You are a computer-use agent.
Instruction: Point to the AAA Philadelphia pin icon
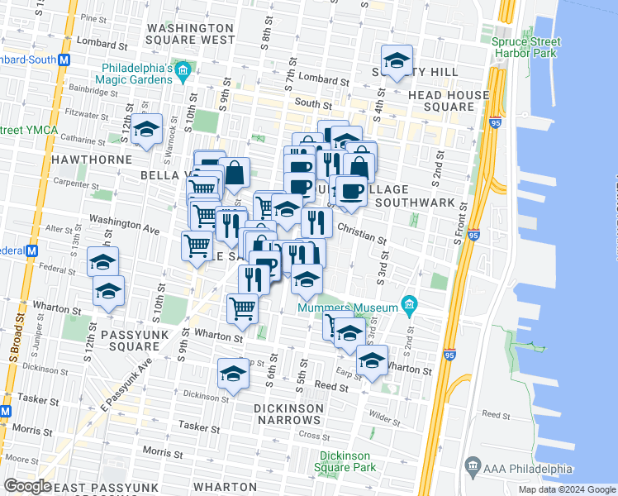point(473,468)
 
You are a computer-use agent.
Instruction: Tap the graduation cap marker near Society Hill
point(397,61)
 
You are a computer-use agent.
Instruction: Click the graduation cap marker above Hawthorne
point(146,131)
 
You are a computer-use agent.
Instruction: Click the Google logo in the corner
point(28,486)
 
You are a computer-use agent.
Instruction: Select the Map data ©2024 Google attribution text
point(566,489)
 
